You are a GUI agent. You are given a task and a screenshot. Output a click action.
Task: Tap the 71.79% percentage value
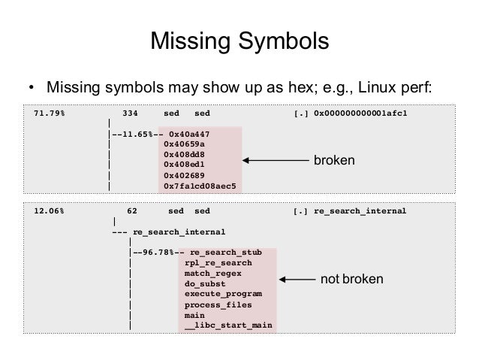(x=49, y=113)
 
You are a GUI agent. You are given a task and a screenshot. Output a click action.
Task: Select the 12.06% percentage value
(x=49, y=211)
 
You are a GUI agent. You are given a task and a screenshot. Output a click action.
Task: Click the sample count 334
(x=130, y=113)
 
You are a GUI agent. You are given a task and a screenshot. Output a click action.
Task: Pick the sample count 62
(x=132, y=211)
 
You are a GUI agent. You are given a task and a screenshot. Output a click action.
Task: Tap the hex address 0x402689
(x=184, y=174)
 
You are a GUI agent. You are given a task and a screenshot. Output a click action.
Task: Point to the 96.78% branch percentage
(x=158, y=253)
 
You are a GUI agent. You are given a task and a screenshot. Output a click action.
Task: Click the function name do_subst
(x=205, y=284)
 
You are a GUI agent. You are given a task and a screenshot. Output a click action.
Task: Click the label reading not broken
(x=351, y=280)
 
